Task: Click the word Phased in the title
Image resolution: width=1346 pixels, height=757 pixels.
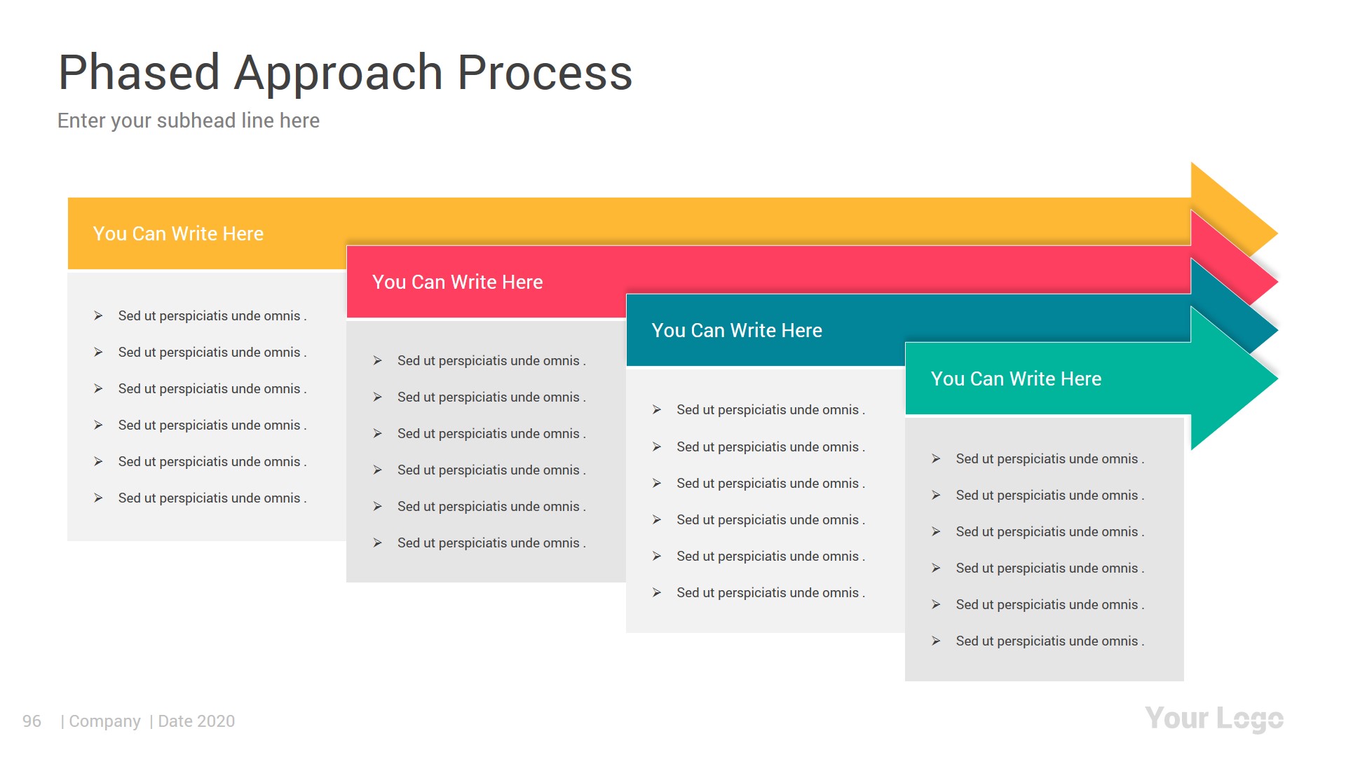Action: (139, 73)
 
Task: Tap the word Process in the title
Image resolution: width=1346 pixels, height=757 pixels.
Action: (545, 73)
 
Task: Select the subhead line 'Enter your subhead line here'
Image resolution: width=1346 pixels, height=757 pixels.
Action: (188, 121)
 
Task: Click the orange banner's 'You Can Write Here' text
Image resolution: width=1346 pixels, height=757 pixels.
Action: (178, 233)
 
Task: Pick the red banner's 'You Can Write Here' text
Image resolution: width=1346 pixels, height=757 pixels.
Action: (457, 282)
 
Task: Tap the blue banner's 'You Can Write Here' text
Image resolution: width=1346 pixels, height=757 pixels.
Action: (736, 330)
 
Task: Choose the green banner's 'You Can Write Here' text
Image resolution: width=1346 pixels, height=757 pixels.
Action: (1016, 378)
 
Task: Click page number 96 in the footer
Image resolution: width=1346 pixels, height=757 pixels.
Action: (32, 721)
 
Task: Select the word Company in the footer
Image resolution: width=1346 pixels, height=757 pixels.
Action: (104, 721)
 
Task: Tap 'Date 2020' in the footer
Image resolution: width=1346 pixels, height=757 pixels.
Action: (196, 721)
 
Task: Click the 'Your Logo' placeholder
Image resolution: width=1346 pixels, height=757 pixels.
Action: (1214, 718)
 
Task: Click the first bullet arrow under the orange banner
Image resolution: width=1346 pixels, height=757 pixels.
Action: (98, 316)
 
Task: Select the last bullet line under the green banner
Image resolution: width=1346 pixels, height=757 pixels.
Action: (1049, 641)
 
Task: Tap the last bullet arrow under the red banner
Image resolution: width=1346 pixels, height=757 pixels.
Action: (377, 543)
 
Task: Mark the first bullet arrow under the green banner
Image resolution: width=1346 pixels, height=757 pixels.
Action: (936, 458)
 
